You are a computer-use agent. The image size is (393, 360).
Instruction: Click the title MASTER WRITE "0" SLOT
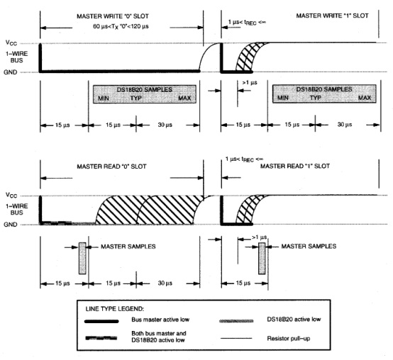click(113, 16)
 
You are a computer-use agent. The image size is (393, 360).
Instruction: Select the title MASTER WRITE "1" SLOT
click(332, 16)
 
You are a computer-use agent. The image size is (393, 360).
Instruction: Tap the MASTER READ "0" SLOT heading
click(111, 167)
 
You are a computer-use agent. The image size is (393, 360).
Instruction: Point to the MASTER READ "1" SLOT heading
click(295, 166)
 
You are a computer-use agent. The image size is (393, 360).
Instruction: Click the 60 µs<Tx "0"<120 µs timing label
click(121, 26)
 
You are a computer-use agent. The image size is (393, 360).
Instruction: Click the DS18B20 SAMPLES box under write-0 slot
click(145, 94)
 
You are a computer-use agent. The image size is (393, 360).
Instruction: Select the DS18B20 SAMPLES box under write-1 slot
click(324, 94)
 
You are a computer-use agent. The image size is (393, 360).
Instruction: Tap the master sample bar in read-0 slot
click(82, 258)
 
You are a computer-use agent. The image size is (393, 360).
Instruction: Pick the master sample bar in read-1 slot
click(262, 258)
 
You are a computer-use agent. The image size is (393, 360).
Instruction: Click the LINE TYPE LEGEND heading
click(115, 309)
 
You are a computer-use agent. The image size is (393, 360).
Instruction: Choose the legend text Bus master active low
click(160, 320)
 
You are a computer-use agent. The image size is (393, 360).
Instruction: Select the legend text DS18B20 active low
click(294, 319)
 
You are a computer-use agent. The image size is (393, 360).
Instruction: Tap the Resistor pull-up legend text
click(289, 339)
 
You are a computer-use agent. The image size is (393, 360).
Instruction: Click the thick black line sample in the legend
click(101, 322)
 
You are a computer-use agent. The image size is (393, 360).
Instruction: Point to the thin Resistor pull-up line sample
click(236, 338)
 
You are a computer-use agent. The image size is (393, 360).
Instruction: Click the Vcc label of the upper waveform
click(11, 43)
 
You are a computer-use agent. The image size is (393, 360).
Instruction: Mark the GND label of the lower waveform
click(10, 225)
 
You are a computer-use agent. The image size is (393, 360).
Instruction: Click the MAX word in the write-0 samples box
click(184, 98)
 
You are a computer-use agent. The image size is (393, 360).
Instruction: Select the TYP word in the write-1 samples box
click(315, 98)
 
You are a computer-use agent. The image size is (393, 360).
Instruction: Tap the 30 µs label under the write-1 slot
click(345, 125)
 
